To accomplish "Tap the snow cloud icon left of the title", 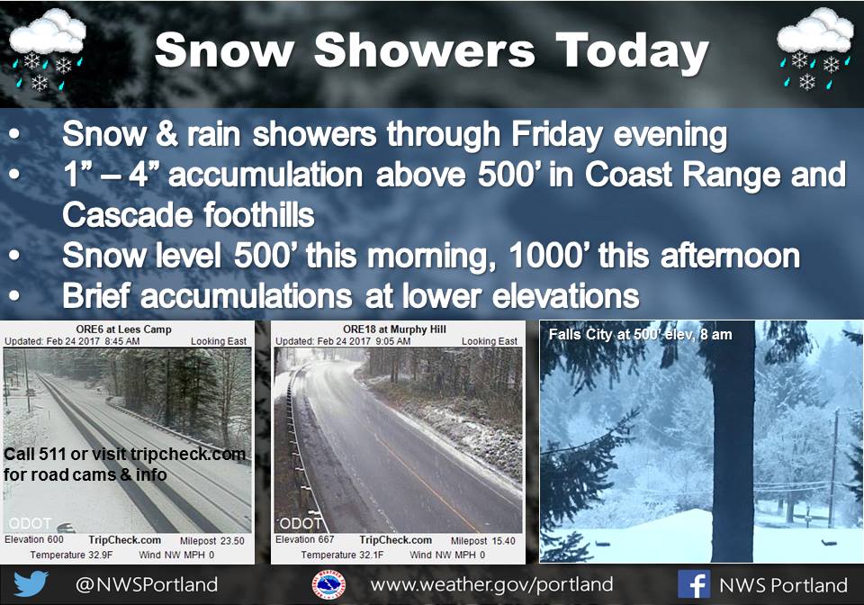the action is click(48, 50).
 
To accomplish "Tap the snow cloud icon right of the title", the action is click(815, 50).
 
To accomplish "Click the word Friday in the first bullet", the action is click(556, 134).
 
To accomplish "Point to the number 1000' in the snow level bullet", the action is click(549, 256).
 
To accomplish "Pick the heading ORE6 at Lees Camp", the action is click(124, 329).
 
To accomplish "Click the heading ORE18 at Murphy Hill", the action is click(394, 329).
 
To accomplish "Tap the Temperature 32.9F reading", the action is click(71, 555).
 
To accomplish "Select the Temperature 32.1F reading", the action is click(342, 555).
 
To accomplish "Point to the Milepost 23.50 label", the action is click(212, 541).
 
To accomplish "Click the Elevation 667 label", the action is click(305, 539).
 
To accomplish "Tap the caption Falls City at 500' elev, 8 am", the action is click(640, 334).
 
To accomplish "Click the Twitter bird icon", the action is click(31, 584).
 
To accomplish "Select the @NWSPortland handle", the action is click(147, 584).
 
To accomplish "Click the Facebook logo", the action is click(694, 584).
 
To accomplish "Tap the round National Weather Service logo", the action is click(329, 584).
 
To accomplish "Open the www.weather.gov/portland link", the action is click(491, 584).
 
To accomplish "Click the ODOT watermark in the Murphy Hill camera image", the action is click(301, 523).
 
